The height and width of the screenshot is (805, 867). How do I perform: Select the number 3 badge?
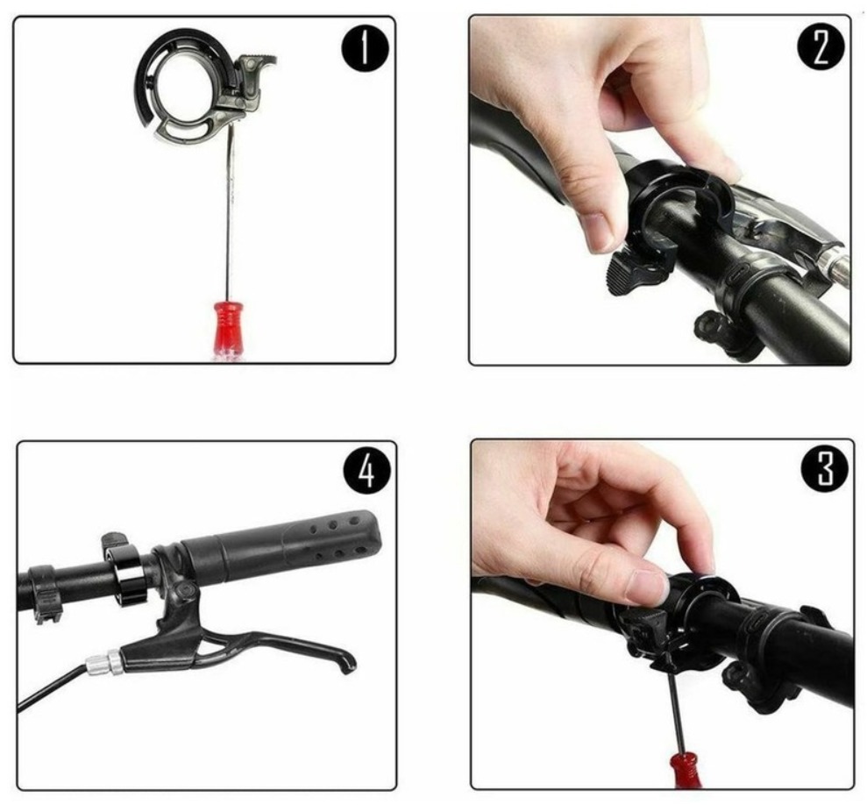(824, 468)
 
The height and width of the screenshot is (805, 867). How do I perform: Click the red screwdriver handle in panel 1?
(226, 331)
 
